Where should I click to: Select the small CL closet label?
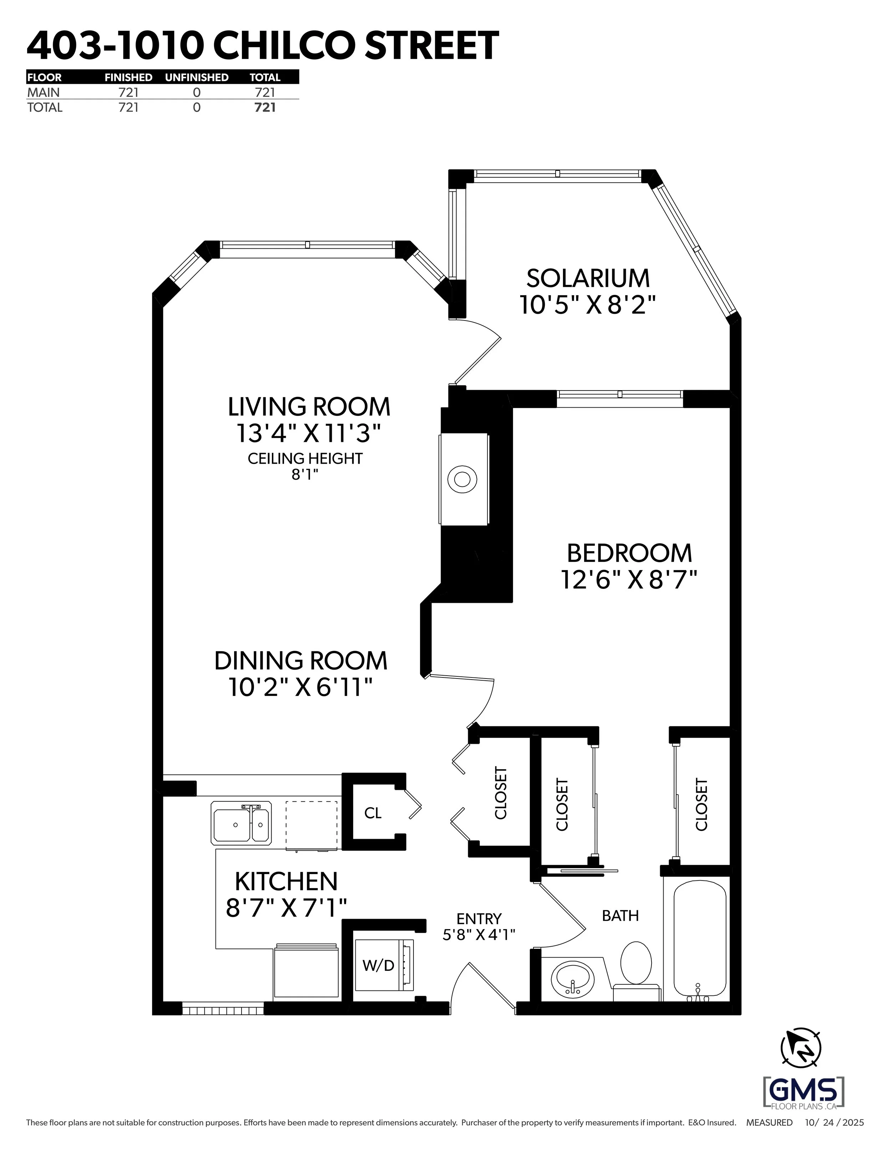click(x=373, y=813)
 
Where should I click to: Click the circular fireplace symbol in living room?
click(x=462, y=480)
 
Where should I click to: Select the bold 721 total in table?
click(x=265, y=107)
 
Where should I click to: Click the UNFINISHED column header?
click(x=197, y=77)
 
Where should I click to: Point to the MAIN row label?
click(x=44, y=92)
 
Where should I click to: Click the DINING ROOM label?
click(x=300, y=661)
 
